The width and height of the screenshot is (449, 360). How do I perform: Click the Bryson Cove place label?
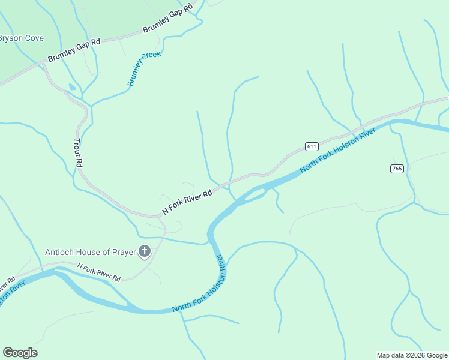(x=21, y=38)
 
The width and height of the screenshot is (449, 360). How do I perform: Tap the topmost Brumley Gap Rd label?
(x=170, y=20)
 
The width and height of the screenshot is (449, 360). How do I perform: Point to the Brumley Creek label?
(x=143, y=69)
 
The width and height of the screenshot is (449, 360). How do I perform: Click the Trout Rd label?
(x=77, y=153)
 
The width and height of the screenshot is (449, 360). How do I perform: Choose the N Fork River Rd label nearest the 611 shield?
(x=187, y=203)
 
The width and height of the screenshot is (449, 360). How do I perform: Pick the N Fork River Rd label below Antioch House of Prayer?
(x=99, y=272)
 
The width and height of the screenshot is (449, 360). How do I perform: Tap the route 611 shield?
(x=311, y=146)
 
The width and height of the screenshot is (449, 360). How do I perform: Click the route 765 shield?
(x=396, y=169)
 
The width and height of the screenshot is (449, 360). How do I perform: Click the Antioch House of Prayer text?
(x=90, y=251)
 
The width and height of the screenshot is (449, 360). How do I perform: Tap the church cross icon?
(x=144, y=251)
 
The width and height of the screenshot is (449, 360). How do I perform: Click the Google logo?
(x=20, y=353)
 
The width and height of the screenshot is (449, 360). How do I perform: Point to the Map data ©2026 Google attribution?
(x=412, y=355)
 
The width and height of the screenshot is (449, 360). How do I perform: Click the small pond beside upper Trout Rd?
(x=72, y=87)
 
